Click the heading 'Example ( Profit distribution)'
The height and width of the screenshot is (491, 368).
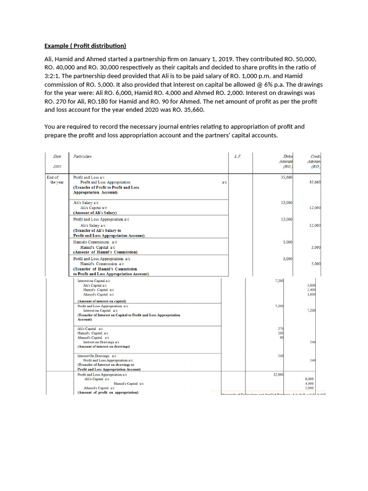[85, 46]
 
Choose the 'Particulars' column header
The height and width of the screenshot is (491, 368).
[82, 156]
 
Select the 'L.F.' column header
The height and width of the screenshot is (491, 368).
[238, 156]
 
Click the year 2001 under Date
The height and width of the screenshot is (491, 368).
[57, 166]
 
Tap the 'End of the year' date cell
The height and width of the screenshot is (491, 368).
[57, 180]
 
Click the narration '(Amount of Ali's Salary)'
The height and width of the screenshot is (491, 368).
[95, 212]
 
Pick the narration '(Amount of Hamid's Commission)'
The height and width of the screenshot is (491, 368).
[105, 252]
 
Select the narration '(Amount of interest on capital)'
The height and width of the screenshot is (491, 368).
[102, 301]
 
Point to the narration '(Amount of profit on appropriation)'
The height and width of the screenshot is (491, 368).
[108, 392]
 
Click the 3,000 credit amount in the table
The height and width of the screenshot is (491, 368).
[311, 286]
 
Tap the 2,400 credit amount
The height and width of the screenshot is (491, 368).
[311, 290]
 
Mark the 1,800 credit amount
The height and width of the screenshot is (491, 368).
[311, 294]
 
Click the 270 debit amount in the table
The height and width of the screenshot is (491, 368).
[281, 328]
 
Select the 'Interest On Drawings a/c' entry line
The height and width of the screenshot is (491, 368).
[97, 356]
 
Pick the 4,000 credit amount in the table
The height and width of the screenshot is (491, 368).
[310, 384]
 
